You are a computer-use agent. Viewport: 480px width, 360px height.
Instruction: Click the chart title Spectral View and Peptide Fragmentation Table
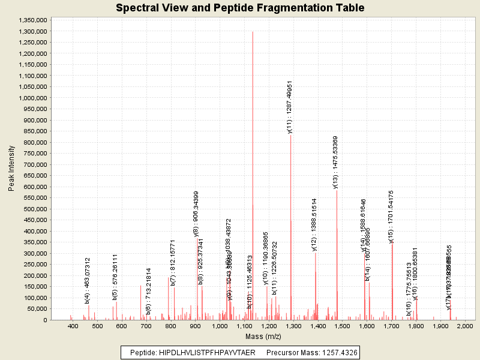click(x=240, y=8)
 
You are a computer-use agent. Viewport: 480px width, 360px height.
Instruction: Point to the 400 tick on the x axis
click(x=74, y=326)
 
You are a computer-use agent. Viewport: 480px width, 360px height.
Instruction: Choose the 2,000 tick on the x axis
click(x=465, y=326)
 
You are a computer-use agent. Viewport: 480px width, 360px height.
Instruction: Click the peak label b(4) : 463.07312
click(x=88, y=281)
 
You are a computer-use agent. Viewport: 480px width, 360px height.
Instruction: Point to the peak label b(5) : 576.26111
click(x=115, y=277)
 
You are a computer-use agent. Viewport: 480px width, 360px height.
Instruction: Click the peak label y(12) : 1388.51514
click(x=314, y=224)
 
